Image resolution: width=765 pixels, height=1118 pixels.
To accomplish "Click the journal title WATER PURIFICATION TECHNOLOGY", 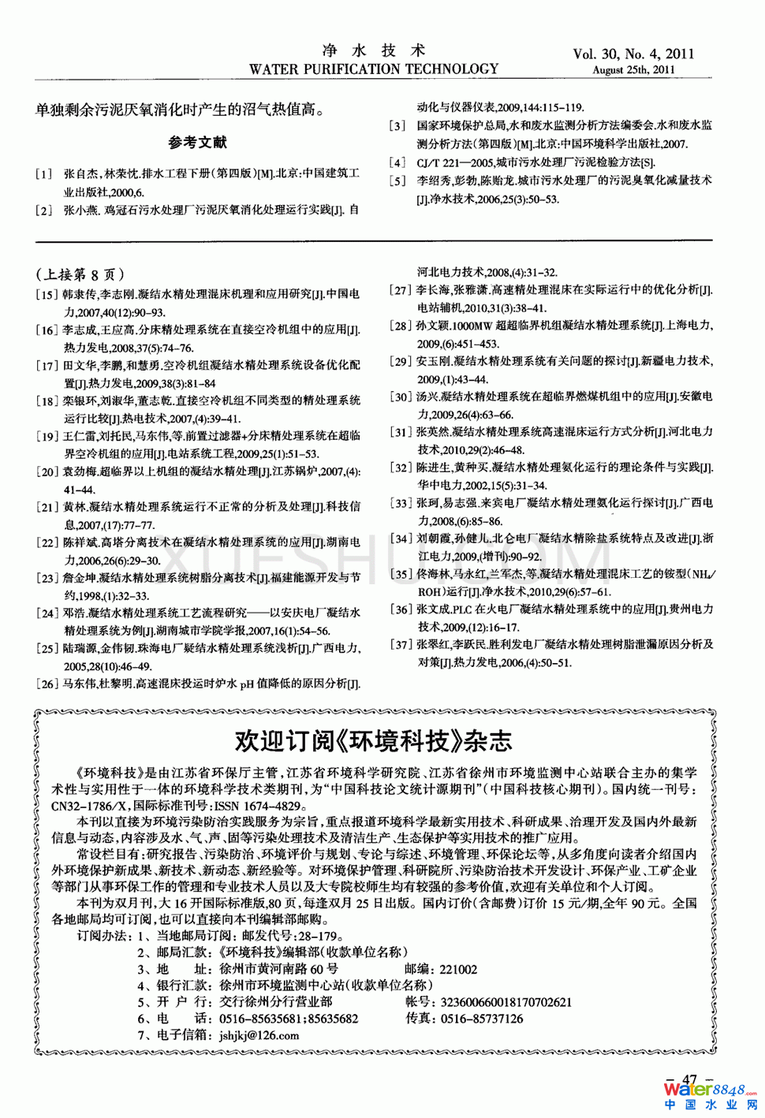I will point(373,69).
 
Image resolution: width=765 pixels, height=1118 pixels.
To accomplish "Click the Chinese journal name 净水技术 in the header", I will point(374,50).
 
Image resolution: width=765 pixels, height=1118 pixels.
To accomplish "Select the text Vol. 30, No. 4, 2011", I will point(633,54).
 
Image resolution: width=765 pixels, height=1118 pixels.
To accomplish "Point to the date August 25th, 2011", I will point(633,69).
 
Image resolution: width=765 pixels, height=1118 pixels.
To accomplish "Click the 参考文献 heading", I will point(197,142).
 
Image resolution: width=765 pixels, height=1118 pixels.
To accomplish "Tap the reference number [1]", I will point(44,173).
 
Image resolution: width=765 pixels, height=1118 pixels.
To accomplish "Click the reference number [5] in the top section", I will point(398,181).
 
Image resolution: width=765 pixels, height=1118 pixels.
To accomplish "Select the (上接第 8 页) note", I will point(80,274).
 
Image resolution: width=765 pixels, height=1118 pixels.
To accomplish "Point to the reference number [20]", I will point(47,472).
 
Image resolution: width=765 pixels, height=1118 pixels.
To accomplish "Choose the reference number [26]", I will point(47,684).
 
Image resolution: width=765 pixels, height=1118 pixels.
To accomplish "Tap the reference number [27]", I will point(401,290).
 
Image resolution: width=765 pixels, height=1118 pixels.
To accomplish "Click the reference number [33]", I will point(401,503).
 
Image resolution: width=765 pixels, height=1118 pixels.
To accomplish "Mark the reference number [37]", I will point(401,645).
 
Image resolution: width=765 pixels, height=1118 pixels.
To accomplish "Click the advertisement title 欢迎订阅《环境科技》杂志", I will point(373,741).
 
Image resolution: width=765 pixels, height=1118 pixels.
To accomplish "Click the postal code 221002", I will point(458,969).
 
